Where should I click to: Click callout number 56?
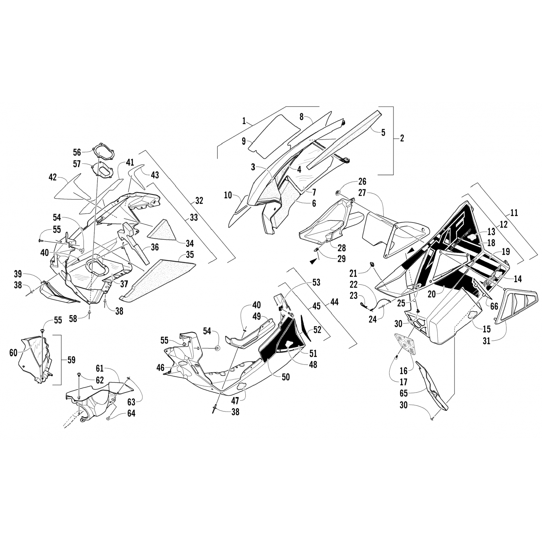tap(87, 152)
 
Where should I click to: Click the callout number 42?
tap(53, 177)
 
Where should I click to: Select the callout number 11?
tap(514, 213)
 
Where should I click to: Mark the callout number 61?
tap(100, 369)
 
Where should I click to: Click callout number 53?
tap(316, 283)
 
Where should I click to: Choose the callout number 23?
tap(353, 296)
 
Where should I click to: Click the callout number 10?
tap(228, 195)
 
